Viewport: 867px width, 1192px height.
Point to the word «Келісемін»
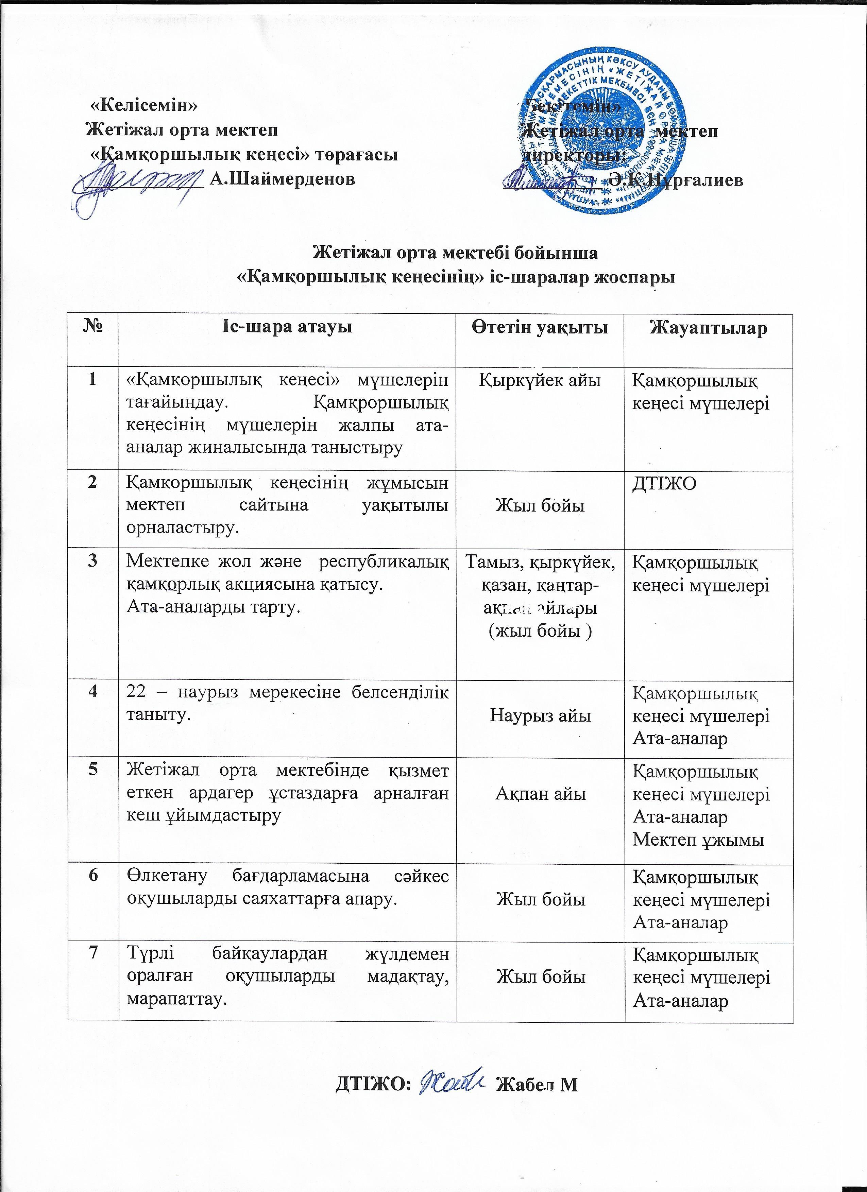click(144, 105)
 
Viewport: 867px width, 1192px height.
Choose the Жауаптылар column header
click(708, 328)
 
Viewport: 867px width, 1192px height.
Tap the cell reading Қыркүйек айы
click(540, 380)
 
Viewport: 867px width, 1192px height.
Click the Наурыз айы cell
click(540, 715)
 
